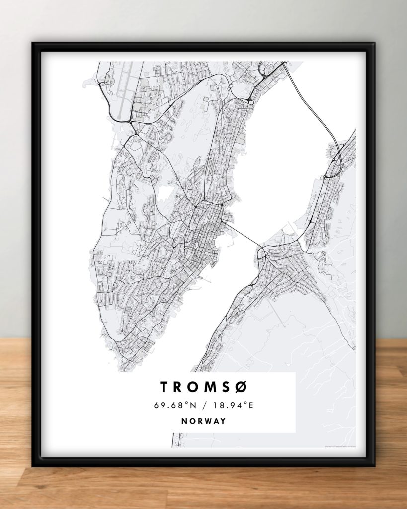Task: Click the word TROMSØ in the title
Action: [x=203, y=387]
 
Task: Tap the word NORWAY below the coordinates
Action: [x=203, y=421]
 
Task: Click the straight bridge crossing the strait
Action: [x=243, y=236]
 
